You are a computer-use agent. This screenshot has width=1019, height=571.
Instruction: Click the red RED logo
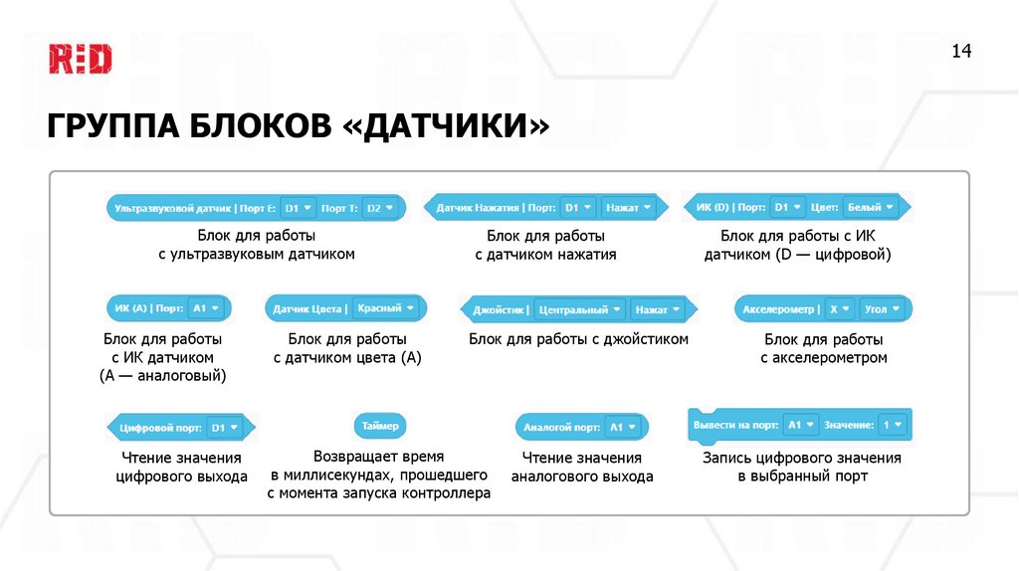point(81,59)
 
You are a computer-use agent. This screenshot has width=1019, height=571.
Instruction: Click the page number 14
point(962,52)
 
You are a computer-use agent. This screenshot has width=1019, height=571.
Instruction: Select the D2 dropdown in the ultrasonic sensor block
point(380,208)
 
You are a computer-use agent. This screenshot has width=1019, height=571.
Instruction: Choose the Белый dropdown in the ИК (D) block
point(871,208)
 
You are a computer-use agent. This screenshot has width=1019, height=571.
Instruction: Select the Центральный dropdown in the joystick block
point(580,309)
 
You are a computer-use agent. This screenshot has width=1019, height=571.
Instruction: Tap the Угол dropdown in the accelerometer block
point(883,309)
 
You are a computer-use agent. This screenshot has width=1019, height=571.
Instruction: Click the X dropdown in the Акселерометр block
point(839,309)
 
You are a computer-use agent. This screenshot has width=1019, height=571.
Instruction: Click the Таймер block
point(380,426)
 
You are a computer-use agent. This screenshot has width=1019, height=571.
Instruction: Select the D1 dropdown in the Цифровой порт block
point(225,428)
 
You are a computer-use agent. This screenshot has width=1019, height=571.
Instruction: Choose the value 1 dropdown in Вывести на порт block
point(894,425)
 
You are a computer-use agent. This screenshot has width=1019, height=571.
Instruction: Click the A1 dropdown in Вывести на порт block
point(800,425)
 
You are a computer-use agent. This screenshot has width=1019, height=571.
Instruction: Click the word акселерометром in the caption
point(824,357)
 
